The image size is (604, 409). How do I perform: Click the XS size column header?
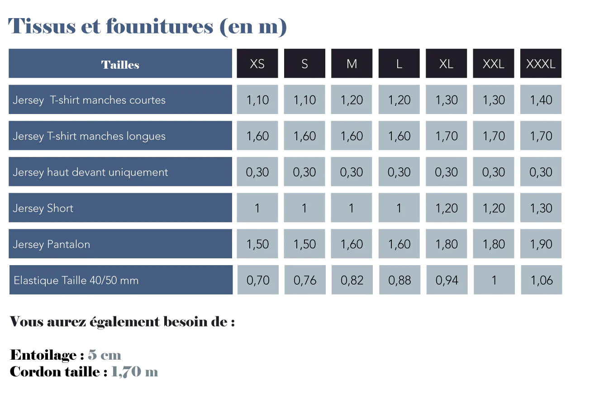[x=257, y=64]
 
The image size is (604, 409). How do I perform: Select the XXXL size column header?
[x=541, y=64]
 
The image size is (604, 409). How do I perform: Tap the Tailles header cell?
[x=120, y=64]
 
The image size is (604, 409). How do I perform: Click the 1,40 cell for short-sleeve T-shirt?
[x=541, y=100]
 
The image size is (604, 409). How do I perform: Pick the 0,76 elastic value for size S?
[x=305, y=281]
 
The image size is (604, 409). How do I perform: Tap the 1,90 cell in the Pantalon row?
[x=541, y=244]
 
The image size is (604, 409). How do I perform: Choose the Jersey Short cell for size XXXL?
[x=541, y=208]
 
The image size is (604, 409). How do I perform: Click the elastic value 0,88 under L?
[x=399, y=281]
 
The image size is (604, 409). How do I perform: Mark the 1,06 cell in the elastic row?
[x=542, y=281]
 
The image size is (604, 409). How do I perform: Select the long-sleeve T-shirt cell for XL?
[x=447, y=136]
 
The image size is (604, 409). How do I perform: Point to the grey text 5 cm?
[x=105, y=355]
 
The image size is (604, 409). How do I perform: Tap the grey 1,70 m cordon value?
[x=134, y=372]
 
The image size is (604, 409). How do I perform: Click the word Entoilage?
[x=43, y=355]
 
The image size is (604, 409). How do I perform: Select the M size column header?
[x=352, y=64]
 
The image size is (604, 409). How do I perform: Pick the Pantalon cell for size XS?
[x=257, y=244]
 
